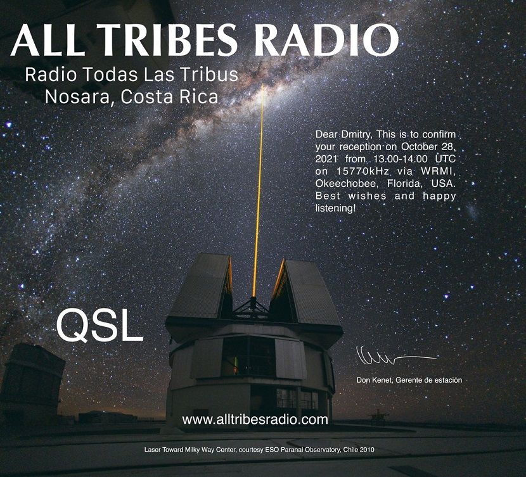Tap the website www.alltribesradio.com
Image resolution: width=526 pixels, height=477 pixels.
[255, 419]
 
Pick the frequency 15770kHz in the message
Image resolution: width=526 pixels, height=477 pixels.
[362, 171]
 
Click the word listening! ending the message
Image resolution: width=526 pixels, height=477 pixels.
[335, 208]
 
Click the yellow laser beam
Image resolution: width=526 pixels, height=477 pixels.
[259, 191]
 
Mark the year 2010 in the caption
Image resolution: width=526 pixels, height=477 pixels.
[368, 450]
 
